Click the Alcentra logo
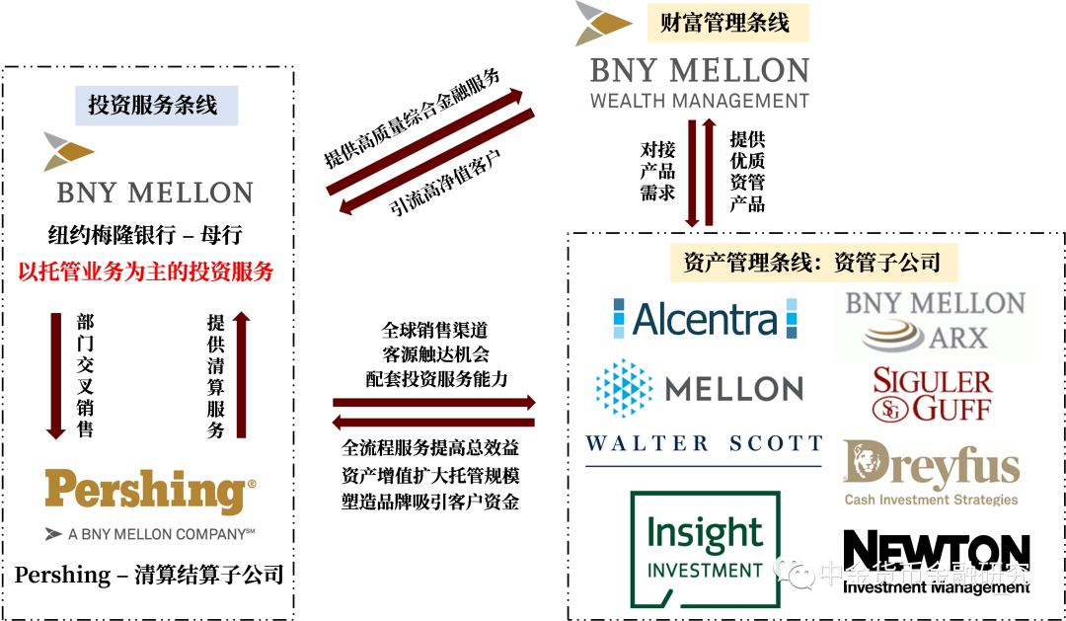(704, 319)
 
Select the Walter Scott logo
(704, 448)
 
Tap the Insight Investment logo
(705, 549)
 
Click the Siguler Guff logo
(933, 395)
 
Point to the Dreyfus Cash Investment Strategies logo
(932, 471)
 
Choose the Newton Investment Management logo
(937, 563)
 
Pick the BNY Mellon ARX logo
(934, 321)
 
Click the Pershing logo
(150, 493)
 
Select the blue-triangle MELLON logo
(699, 387)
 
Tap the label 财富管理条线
(724, 23)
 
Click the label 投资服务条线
(156, 106)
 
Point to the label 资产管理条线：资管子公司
(813, 263)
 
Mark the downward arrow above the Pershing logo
(56, 376)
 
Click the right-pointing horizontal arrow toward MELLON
(434, 403)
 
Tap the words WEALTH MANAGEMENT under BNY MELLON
(699, 100)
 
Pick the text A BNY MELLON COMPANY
(151, 534)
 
